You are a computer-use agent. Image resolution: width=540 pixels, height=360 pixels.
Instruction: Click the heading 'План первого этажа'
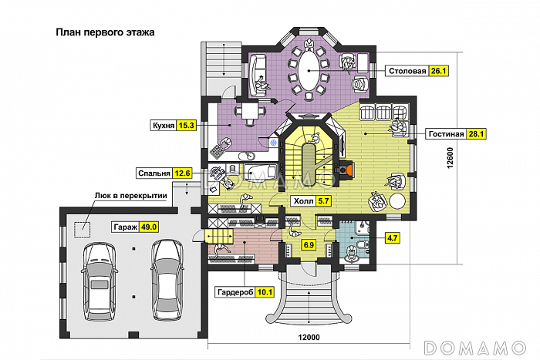(x=105, y=32)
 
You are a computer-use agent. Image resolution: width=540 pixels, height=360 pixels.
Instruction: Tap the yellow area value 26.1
(x=438, y=71)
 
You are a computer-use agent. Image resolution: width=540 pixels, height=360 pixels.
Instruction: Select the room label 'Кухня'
(x=164, y=126)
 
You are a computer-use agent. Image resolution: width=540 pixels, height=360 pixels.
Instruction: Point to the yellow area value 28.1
(x=476, y=133)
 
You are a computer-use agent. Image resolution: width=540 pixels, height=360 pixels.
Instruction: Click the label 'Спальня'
(x=154, y=173)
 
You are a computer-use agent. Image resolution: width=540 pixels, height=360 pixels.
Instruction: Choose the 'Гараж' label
(x=126, y=227)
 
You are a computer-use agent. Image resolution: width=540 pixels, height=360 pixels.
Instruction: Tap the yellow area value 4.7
(x=393, y=238)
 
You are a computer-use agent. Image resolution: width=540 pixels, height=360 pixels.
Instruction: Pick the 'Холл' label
(x=303, y=201)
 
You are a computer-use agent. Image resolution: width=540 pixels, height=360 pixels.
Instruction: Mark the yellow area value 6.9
(x=309, y=245)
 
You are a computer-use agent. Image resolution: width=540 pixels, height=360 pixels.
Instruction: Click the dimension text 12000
(x=309, y=338)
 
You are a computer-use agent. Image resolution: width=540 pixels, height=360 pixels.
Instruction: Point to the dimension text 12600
(x=451, y=158)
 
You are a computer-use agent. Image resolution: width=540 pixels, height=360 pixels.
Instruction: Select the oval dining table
(x=309, y=71)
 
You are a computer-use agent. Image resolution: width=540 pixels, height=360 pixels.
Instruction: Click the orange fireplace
(x=349, y=169)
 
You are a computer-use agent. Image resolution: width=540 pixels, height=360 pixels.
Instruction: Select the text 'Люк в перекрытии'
(x=131, y=196)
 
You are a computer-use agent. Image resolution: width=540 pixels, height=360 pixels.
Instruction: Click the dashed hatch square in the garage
(x=83, y=230)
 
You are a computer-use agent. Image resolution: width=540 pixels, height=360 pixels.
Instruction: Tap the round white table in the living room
(x=397, y=201)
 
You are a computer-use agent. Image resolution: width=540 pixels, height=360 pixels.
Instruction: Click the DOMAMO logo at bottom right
(x=475, y=348)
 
